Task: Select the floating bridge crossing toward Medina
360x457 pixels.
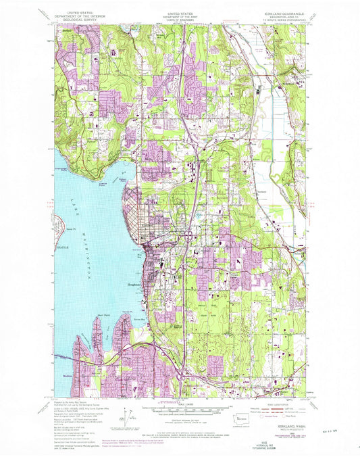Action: [x=61, y=352]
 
